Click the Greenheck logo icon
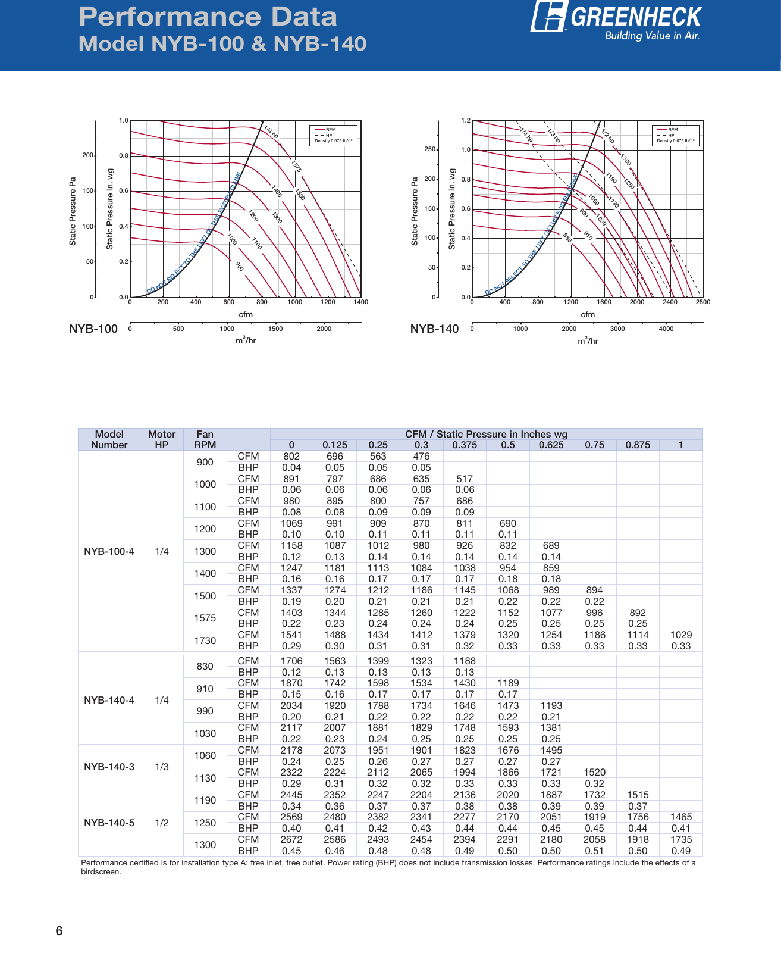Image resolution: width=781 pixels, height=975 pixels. (548, 16)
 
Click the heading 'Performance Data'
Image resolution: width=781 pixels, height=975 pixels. (208, 17)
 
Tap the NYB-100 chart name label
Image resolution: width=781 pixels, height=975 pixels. (93, 329)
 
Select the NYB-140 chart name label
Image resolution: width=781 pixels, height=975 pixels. (434, 329)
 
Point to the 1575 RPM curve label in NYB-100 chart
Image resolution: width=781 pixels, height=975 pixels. (296, 166)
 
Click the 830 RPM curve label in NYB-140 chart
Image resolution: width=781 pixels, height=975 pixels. (567, 238)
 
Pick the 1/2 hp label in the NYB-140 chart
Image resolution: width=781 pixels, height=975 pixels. (607, 136)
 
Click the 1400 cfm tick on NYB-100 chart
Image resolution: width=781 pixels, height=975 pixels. (360, 302)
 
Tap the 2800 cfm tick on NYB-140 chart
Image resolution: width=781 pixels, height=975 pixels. (702, 302)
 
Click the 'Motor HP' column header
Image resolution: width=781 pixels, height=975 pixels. (162, 439)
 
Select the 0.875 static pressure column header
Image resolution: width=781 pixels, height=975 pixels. (638, 445)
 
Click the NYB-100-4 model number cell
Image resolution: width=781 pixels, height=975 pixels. (109, 551)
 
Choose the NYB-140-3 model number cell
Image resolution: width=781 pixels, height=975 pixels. (109, 767)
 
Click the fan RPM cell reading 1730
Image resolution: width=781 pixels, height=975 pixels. (205, 640)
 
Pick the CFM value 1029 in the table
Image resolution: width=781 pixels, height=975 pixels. (681, 635)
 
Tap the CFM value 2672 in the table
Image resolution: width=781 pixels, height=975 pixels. (291, 839)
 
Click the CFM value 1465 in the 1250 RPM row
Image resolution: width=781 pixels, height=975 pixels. (681, 817)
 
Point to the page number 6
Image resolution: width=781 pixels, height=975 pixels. (59, 932)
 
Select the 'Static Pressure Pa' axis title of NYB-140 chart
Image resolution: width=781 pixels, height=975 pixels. (415, 211)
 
